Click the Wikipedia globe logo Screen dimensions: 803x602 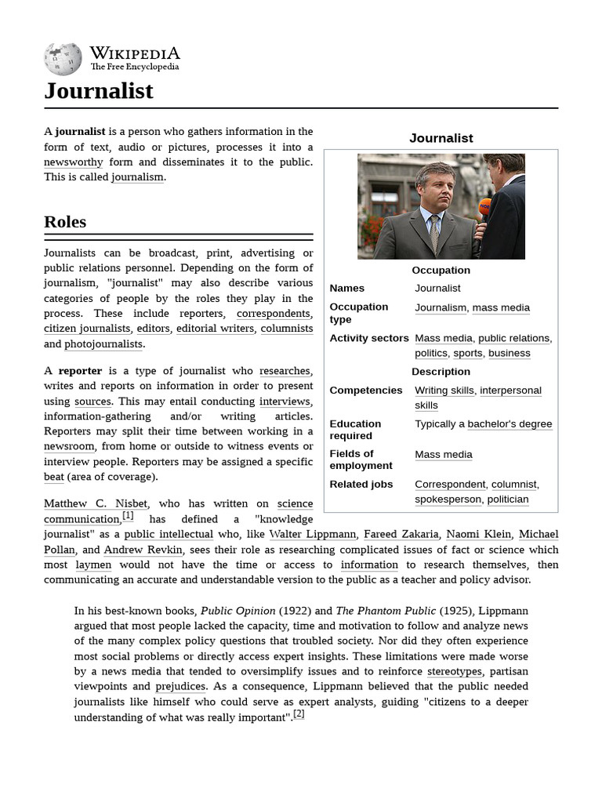pos(63,60)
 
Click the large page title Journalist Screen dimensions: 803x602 pos(99,91)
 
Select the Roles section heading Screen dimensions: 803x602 pos(65,222)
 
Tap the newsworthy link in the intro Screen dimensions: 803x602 pos(73,162)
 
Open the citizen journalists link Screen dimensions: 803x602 pos(87,329)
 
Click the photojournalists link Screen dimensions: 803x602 pos(103,343)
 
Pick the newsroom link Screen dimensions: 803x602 pos(69,446)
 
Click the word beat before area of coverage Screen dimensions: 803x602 pos(54,476)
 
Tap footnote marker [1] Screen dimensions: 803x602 pos(128,516)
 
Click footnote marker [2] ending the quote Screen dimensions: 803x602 pos(299,714)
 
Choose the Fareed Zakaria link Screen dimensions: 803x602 pos(401,534)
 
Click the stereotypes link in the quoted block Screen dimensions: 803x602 pos(455,671)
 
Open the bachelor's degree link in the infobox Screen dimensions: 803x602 pos(510,424)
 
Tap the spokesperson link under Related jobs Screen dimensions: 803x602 pos(448,500)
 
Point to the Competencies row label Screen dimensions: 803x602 pos(365,391)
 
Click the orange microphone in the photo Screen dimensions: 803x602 pos(485,209)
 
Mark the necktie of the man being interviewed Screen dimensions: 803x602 pos(434,233)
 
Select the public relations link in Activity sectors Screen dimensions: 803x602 pos(513,338)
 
